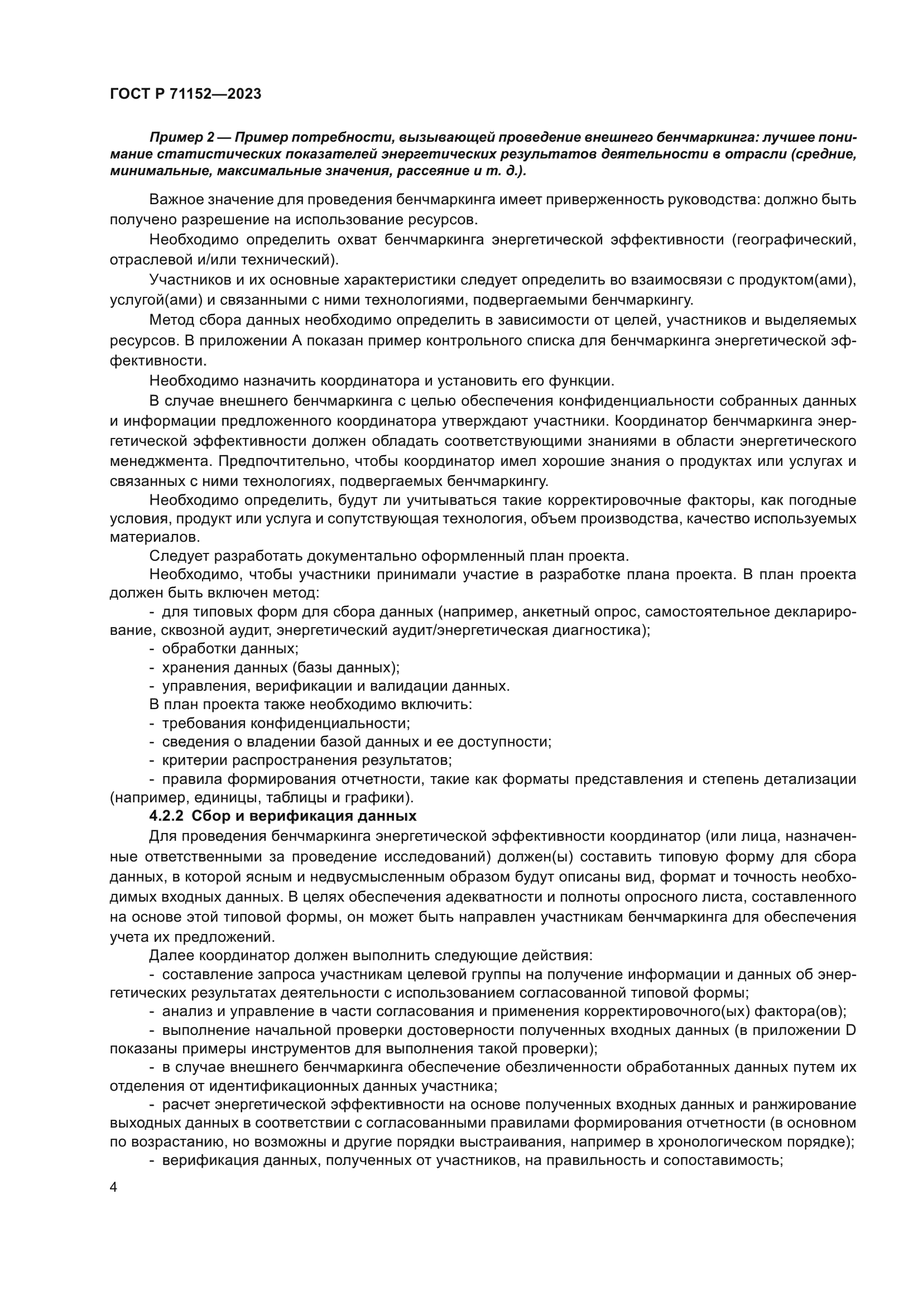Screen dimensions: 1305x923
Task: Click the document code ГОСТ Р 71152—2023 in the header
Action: click(x=185, y=94)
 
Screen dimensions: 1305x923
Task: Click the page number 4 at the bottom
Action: click(x=114, y=1188)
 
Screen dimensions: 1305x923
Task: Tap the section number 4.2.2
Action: click(x=166, y=816)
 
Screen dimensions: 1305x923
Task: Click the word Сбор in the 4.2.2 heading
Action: click(x=210, y=816)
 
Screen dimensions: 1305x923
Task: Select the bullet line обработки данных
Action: click(x=229, y=648)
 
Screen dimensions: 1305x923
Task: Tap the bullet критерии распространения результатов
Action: click(x=307, y=760)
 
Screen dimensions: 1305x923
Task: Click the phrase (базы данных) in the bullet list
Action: click(x=352, y=667)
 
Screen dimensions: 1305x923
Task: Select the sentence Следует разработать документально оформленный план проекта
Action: click(x=389, y=555)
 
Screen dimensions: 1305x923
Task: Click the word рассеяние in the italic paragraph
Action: click(x=431, y=171)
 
